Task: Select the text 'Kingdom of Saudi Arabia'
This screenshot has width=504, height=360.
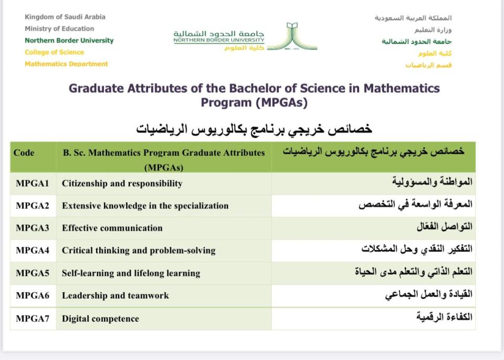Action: [65, 17]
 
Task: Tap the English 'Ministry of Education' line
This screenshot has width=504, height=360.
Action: [59, 29]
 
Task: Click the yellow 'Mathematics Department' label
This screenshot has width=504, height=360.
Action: [66, 64]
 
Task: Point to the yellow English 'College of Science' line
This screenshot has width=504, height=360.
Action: [54, 52]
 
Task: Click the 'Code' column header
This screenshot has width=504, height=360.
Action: [24, 153]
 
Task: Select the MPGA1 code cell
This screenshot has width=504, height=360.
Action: [33, 183]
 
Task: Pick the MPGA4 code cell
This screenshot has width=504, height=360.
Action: [33, 250]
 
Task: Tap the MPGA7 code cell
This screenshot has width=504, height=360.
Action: [33, 318]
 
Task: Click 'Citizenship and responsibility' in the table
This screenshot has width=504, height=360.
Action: [122, 184]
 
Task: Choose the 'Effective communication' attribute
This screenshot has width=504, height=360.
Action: [112, 228]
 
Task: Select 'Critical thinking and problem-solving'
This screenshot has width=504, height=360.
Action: [139, 250]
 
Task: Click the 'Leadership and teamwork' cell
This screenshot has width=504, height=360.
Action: [115, 295]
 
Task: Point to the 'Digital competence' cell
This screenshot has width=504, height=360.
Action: [100, 319]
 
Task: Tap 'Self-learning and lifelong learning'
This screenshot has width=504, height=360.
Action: [131, 273]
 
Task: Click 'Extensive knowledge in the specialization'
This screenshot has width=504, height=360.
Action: [145, 206]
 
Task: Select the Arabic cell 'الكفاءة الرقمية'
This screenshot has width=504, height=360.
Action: [444, 317]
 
